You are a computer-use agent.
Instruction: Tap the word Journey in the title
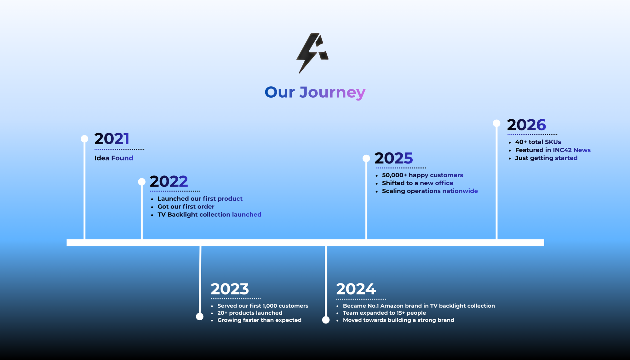pos(332,93)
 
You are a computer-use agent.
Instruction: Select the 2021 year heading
pos(112,139)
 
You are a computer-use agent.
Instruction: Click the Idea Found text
pos(114,158)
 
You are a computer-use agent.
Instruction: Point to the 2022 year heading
pos(169,181)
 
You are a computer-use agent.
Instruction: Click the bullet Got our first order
pos(186,207)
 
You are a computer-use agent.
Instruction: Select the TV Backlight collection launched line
pos(209,214)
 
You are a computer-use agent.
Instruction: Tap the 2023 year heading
pos(230,289)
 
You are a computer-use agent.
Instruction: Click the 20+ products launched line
pos(250,313)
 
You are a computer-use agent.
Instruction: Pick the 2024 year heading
pos(356,289)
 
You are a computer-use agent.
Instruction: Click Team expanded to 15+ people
pos(384,313)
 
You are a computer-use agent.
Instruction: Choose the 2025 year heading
pos(394,158)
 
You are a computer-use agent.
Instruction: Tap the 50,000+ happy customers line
pos(422,175)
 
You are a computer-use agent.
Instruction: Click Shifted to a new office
pos(417,183)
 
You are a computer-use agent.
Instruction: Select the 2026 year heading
pos(526,125)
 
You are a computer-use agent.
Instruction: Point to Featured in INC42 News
pos(553,150)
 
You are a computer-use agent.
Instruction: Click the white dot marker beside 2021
pos(84,139)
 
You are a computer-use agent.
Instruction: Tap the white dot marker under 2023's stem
pos(200,317)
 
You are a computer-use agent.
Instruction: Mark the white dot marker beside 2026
pos(496,123)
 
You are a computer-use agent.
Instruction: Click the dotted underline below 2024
pos(361,299)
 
